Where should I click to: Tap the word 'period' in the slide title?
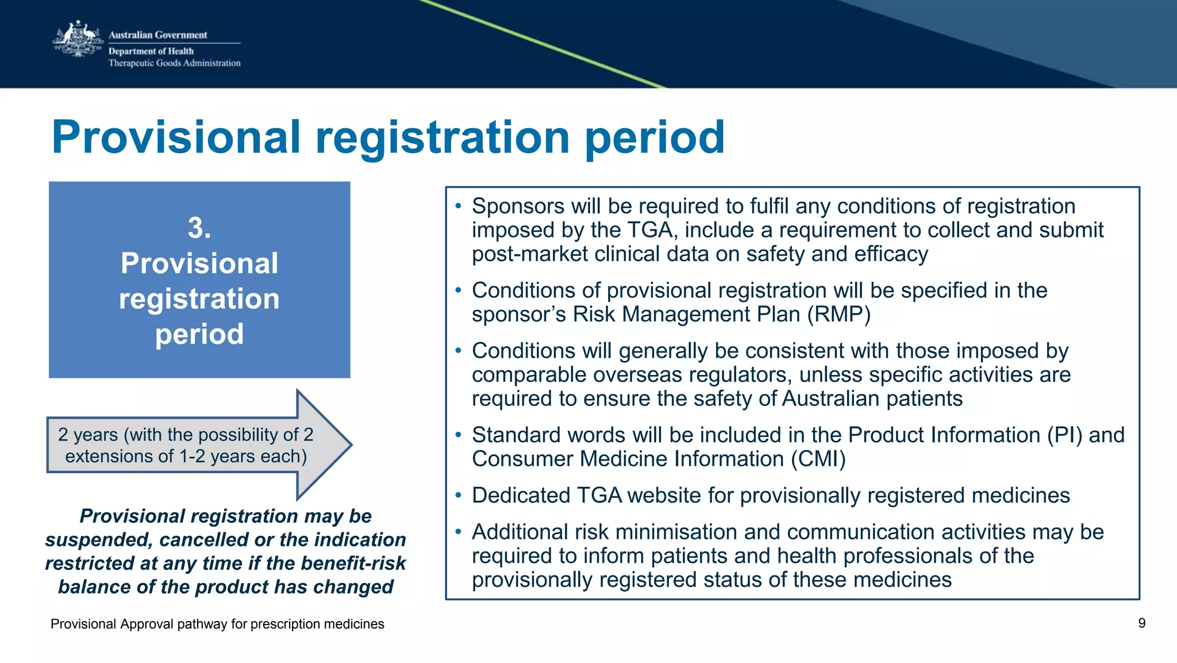pos(655,138)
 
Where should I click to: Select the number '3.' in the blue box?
pos(199,228)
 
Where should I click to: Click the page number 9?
pos(1141,623)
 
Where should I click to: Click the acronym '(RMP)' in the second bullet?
pos(838,315)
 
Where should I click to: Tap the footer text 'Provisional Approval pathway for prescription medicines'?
pos(217,624)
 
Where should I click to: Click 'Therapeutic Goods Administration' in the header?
pos(174,63)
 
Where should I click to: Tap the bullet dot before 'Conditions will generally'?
pos(458,350)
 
